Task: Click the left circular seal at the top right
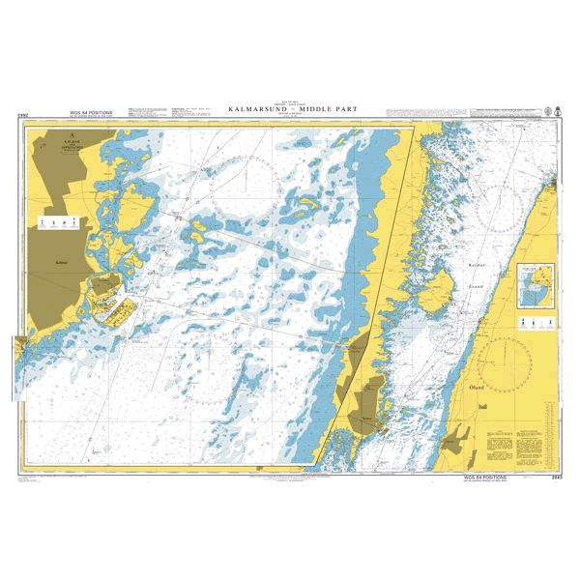(x=546, y=112)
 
